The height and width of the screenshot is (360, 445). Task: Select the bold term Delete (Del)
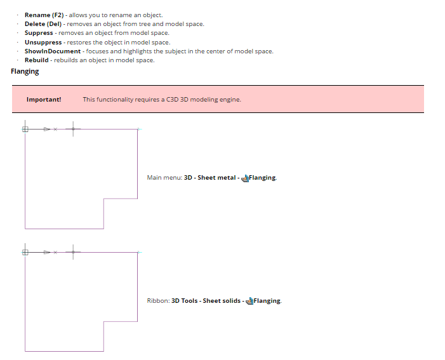pos(43,23)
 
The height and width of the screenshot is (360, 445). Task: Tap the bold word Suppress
pos(39,32)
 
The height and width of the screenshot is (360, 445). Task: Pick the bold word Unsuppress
pos(43,42)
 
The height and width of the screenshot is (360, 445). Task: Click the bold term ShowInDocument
pos(53,51)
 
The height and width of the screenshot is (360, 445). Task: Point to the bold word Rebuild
pos(36,60)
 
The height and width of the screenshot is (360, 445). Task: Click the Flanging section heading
pos(25,72)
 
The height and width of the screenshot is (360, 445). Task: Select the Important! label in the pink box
pos(44,99)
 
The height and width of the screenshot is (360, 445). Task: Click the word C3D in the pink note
pos(173,99)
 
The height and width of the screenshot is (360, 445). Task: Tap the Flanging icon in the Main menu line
pos(245,178)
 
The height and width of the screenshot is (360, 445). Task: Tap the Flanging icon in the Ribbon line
pos(249,301)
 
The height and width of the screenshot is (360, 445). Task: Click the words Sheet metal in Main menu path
pos(216,178)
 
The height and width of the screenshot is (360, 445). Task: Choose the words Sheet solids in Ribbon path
pos(222,301)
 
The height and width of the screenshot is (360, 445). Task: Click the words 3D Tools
pos(184,301)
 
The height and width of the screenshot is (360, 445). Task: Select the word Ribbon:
pos(157,301)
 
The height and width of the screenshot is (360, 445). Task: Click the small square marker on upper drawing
pos(25,129)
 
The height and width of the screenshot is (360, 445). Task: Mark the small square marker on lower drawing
pos(25,252)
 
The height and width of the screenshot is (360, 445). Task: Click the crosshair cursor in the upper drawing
pos(72,129)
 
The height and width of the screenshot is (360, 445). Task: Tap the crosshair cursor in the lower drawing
pos(72,252)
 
